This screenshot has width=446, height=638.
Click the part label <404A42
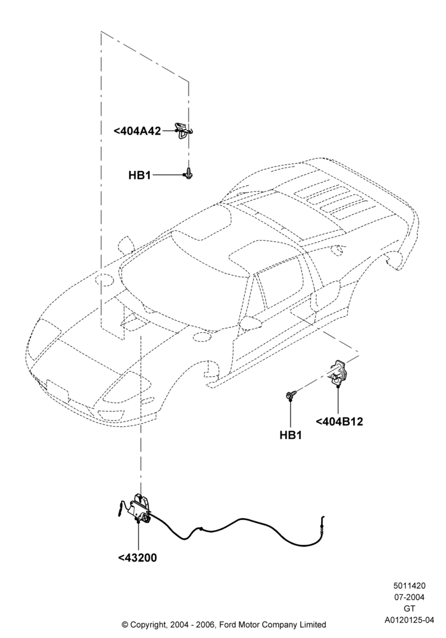pos(137,131)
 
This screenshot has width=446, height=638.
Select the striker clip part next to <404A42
pos(185,130)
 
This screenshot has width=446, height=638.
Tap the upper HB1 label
pos(140,175)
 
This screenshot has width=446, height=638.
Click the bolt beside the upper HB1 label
pos(188,174)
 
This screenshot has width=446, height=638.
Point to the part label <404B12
pos(339,422)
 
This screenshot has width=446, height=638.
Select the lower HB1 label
pos(291,435)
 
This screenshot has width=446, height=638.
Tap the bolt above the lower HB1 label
pos(291,394)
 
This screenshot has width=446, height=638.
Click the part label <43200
pos(138,558)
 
